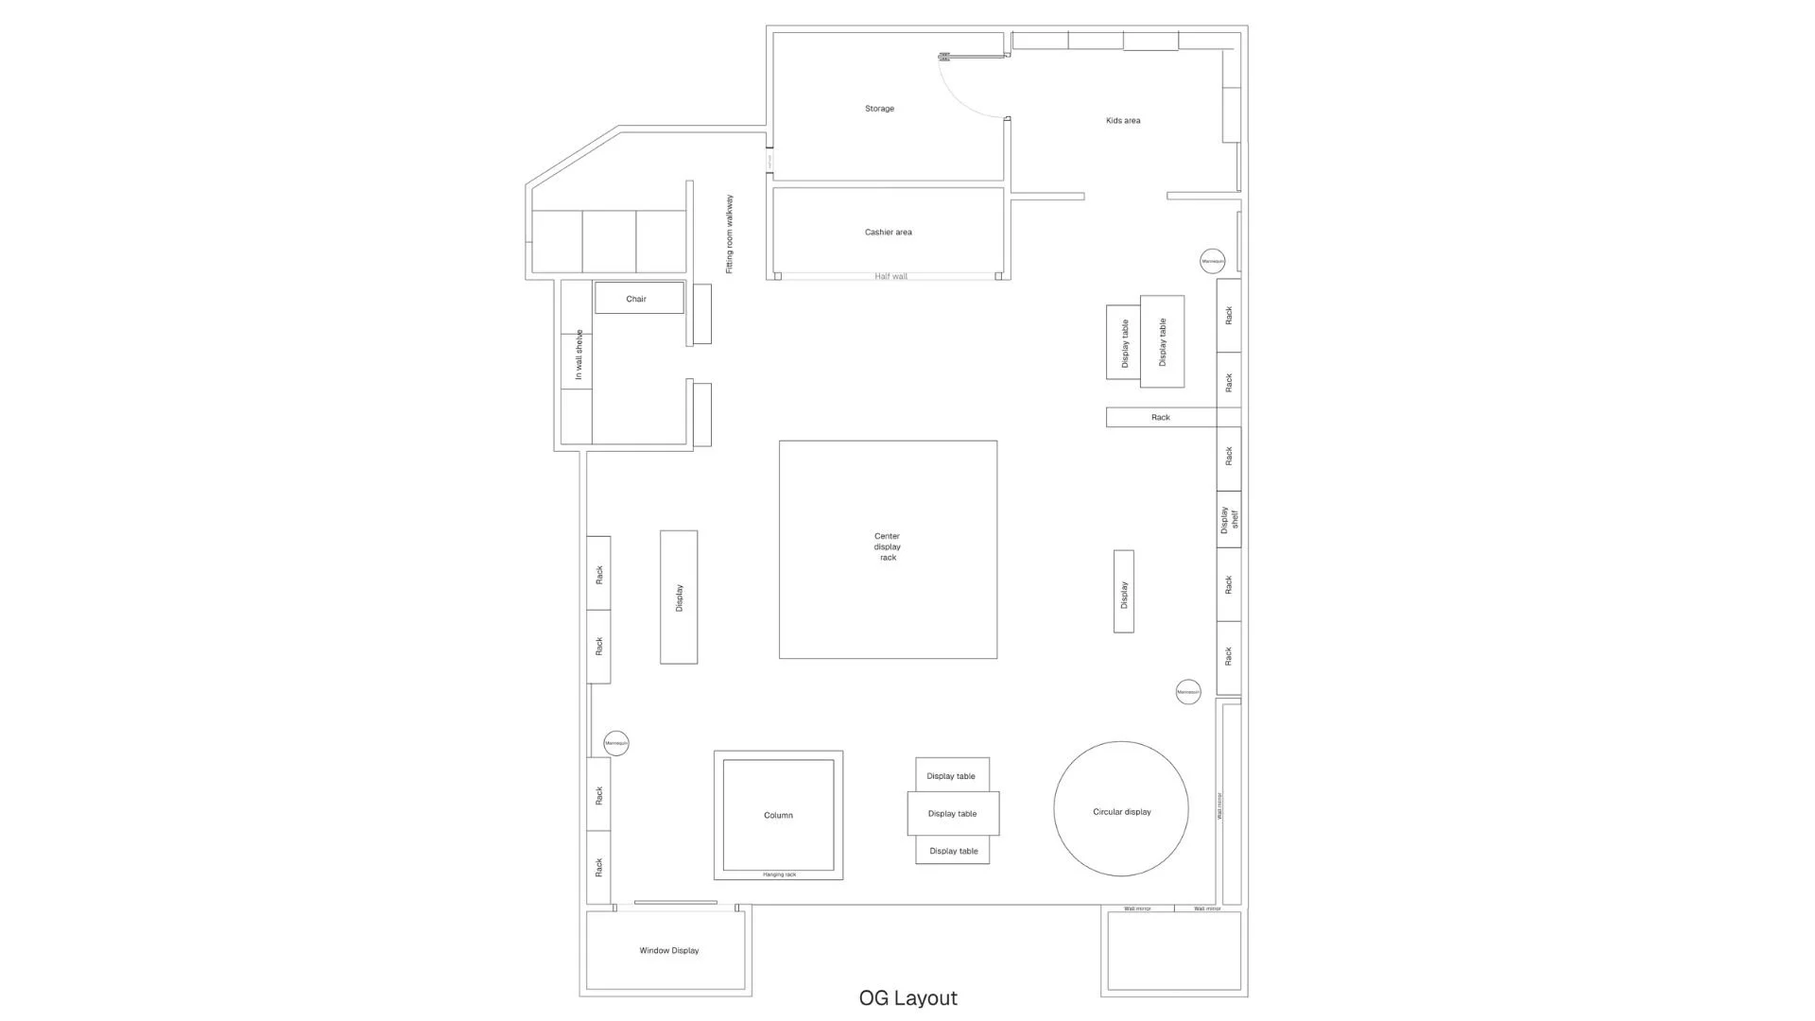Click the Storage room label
(879, 109)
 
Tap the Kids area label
(1123, 121)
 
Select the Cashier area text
(888, 233)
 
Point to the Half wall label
(890, 277)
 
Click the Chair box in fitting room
(639, 299)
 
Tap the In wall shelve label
(579, 355)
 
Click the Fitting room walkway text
(730, 234)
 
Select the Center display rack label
(887, 547)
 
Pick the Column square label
(778, 815)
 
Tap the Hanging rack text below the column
(779, 875)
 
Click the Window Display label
(668, 951)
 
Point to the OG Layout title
(907, 998)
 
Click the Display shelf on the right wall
(1228, 519)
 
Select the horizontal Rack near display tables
(1161, 417)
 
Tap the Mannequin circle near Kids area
(1212, 261)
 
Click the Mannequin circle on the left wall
(616, 743)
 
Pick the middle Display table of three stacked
(952, 814)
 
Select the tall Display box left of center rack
(679, 597)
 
